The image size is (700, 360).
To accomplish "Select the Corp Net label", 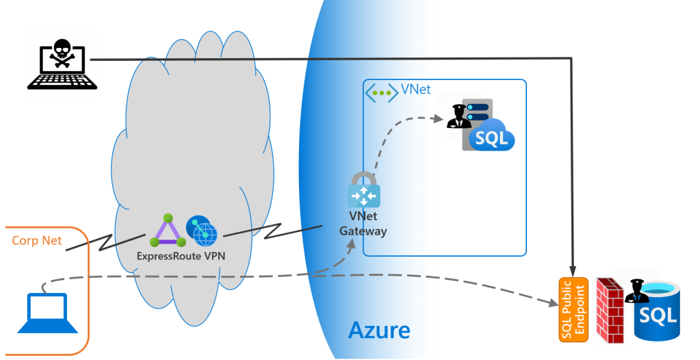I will coord(37,241).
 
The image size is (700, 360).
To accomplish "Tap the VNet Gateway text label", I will coord(363,224).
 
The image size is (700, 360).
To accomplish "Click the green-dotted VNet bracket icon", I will coord(380,92).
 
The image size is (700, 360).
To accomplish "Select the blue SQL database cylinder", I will coord(659,312).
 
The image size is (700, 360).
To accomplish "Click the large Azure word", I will coord(379,331).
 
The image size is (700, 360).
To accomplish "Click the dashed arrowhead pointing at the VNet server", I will coord(439,118).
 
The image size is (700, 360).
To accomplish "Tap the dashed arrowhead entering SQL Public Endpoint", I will coord(555,302).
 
